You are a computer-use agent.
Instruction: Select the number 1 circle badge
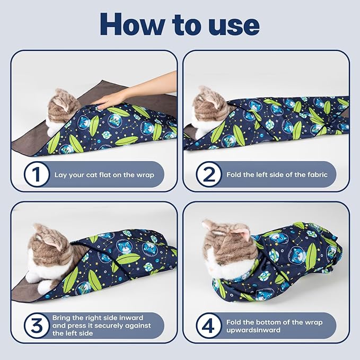tap(37, 174)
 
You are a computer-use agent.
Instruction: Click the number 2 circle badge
tap(209, 174)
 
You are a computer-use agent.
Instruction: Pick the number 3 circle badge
tap(37, 326)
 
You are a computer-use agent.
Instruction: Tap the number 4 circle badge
tap(209, 326)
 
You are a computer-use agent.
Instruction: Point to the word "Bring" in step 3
tap(61, 318)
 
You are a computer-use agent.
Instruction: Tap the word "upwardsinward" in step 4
tap(253, 330)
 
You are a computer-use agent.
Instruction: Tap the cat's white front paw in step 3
tap(45, 287)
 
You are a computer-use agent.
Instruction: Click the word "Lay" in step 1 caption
tap(60, 175)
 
